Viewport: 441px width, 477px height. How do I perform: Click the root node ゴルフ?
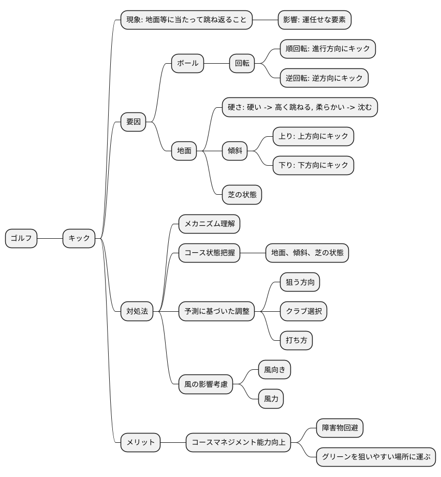pos(21,238)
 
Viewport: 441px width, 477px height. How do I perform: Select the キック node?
pos(79,238)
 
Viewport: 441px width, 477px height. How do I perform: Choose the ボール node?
pos(187,63)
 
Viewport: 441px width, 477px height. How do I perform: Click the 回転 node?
pos(242,63)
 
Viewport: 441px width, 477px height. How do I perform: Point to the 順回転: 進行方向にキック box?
pos(327,49)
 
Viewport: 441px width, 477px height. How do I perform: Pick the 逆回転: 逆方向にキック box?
pos(324,78)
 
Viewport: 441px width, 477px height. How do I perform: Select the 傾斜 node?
pos(234,151)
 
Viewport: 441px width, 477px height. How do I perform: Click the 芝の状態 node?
pos(242,195)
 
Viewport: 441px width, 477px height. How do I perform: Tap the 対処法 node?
pos(137,311)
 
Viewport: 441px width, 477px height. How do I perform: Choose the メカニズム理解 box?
pos(209,224)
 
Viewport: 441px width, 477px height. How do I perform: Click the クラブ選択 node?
pos(303,311)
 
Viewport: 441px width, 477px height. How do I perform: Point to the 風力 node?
pos(271,399)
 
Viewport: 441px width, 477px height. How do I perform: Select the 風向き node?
pos(274,370)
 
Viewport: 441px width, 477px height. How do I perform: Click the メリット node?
pos(141,442)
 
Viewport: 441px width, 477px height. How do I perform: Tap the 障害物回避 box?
pos(340,428)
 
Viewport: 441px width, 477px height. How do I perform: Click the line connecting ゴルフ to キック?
pos(50,238)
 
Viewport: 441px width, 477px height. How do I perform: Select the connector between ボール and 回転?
pos(217,63)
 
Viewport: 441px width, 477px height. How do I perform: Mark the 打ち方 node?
pos(296,340)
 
